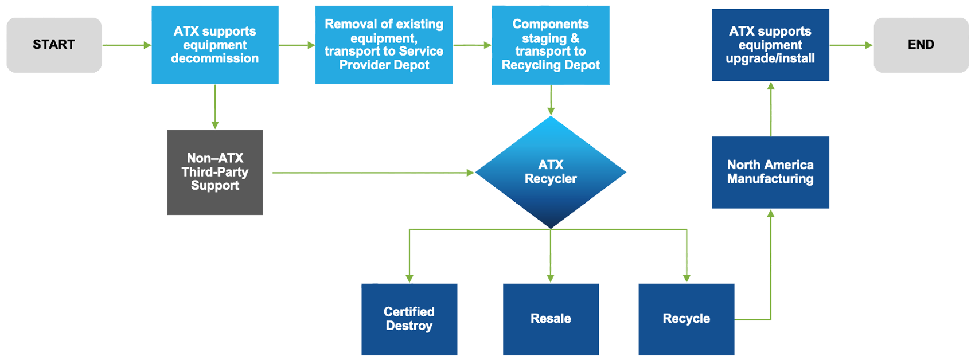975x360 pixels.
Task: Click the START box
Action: click(x=54, y=45)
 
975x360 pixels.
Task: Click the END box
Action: click(x=921, y=45)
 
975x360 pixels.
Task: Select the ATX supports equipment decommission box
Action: click(x=215, y=45)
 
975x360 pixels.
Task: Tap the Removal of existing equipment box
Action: click(x=384, y=45)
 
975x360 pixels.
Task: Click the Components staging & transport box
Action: click(x=551, y=45)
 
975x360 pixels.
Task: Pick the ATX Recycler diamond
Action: click(x=551, y=172)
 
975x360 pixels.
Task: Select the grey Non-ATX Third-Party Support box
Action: click(x=215, y=172)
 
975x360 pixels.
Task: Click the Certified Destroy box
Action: click(x=409, y=319)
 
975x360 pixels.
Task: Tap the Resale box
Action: click(x=551, y=319)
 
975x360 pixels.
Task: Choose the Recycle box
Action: click(x=687, y=319)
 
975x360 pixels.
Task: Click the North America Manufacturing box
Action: click(x=770, y=172)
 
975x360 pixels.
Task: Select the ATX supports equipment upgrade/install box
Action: click(x=770, y=45)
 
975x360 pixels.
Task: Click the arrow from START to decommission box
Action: click(x=126, y=45)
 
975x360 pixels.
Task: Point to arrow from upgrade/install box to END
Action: click(x=851, y=45)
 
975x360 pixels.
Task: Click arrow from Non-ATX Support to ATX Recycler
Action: click(x=373, y=172)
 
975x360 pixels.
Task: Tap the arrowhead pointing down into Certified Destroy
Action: click(x=409, y=278)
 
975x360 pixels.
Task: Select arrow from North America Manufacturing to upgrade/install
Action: click(x=771, y=109)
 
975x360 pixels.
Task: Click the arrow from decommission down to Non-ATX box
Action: click(x=215, y=107)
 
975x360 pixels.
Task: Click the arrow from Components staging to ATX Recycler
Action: click(x=551, y=100)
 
